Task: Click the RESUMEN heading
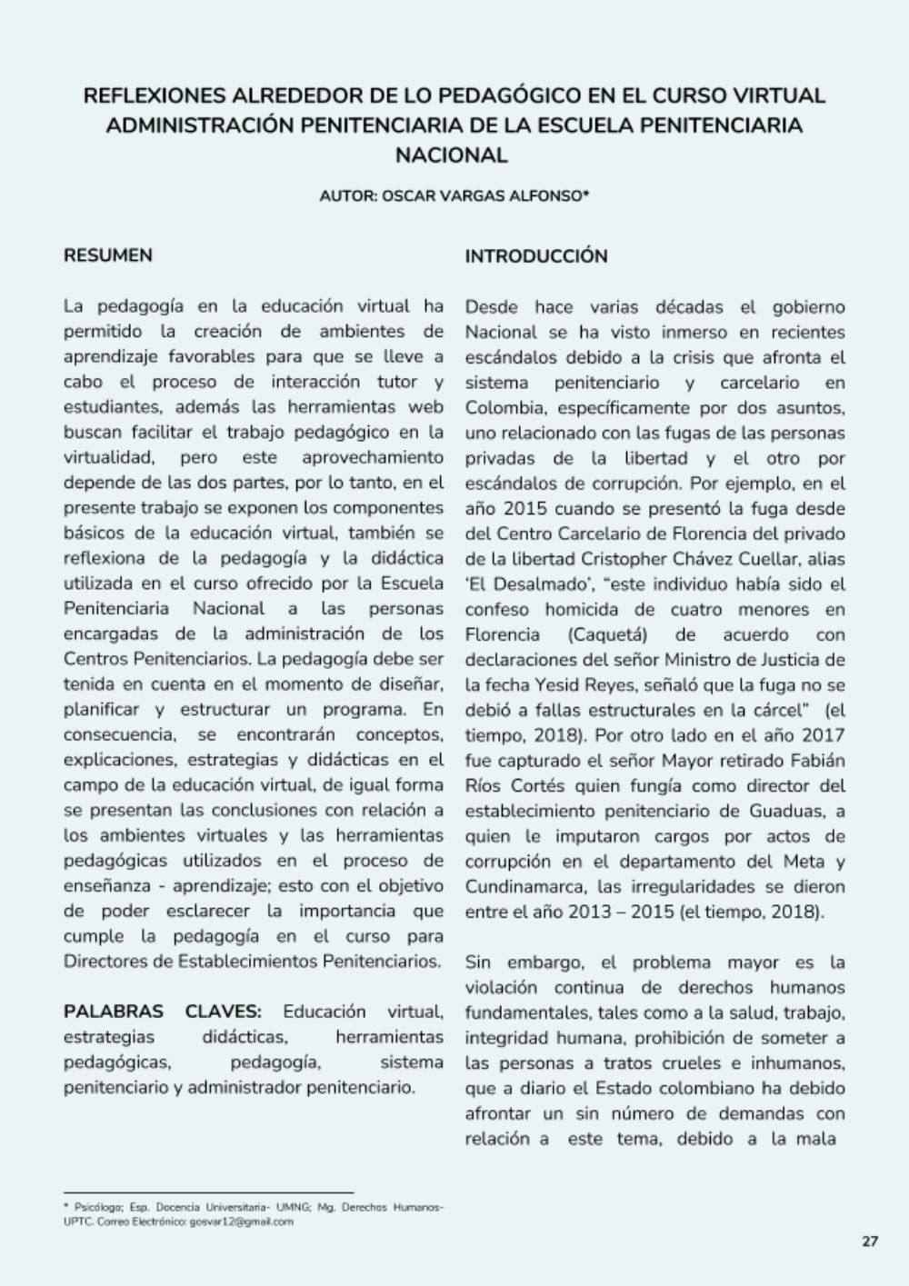[107, 255]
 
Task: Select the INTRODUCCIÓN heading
[536, 256]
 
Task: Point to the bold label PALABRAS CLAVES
[163, 1012]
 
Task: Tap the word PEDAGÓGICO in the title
[511, 95]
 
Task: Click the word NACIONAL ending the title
[451, 155]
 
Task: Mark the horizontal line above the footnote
[208, 1191]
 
